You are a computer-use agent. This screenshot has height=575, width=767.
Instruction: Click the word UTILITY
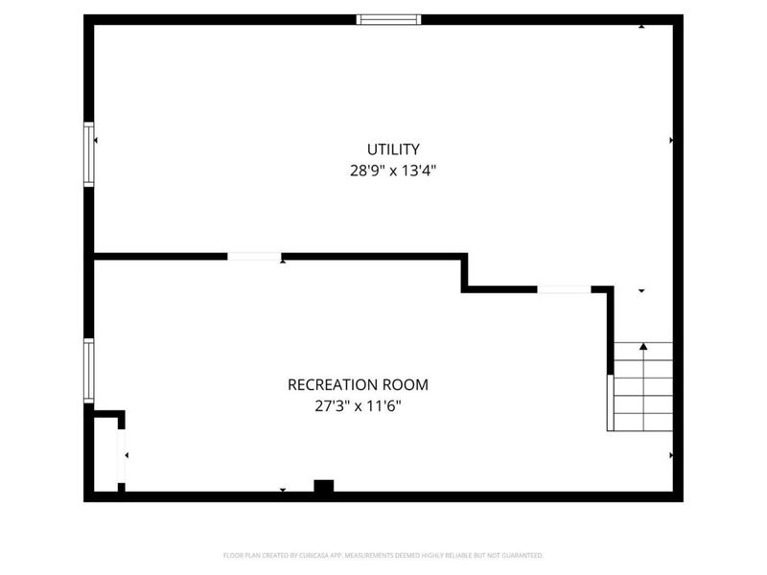coord(393,149)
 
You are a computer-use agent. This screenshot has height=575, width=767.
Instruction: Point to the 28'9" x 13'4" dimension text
coord(393,172)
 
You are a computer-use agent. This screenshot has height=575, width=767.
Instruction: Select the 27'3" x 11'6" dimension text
coord(358,405)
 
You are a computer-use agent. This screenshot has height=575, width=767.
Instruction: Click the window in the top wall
coord(388,18)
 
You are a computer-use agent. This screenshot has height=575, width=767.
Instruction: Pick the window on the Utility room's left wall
coord(89,153)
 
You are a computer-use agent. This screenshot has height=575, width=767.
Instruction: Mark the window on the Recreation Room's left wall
coord(89,370)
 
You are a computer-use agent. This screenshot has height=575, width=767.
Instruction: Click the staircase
coord(642,387)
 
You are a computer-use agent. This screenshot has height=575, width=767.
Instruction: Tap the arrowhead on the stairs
coord(643,346)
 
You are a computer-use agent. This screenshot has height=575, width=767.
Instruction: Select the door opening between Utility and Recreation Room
coord(254,256)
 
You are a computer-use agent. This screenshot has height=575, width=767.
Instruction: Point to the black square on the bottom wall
coord(324,487)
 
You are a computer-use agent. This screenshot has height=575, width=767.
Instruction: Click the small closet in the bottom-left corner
coord(105,455)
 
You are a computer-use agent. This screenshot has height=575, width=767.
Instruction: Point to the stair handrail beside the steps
coord(609,402)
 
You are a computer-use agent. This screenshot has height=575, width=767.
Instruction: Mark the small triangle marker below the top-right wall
coord(642,26)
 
